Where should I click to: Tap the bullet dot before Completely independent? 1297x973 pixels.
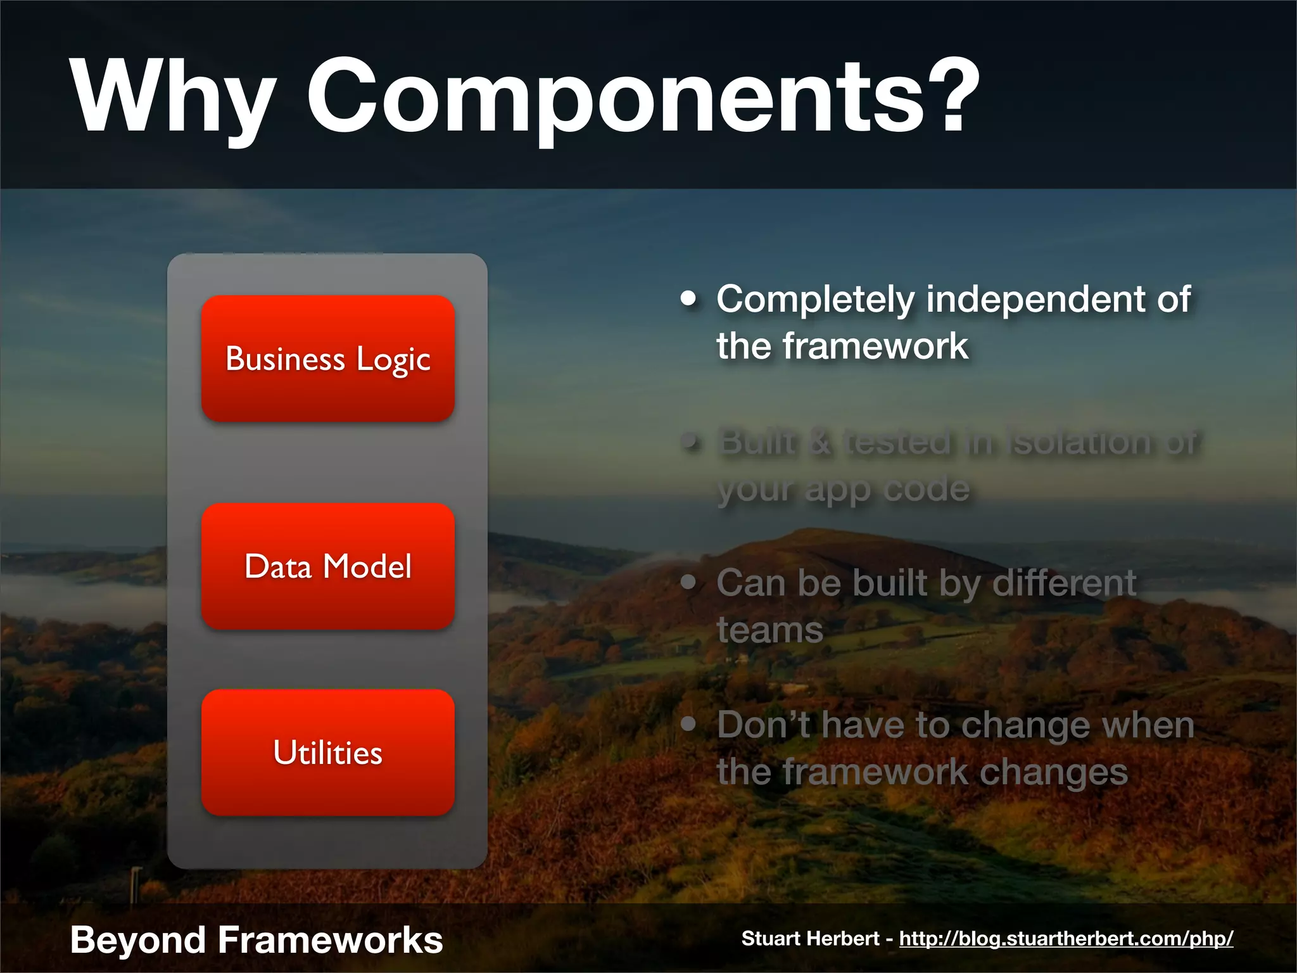[688, 298]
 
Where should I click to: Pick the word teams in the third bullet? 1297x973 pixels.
[769, 630]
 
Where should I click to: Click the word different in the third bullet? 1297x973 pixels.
[1064, 583]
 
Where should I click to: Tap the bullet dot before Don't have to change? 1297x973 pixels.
[688, 723]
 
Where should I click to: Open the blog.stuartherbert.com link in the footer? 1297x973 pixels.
[1066, 938]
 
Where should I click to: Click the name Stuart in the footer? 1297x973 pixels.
[769, 938]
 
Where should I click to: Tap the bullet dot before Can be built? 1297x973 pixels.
[688, 582]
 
